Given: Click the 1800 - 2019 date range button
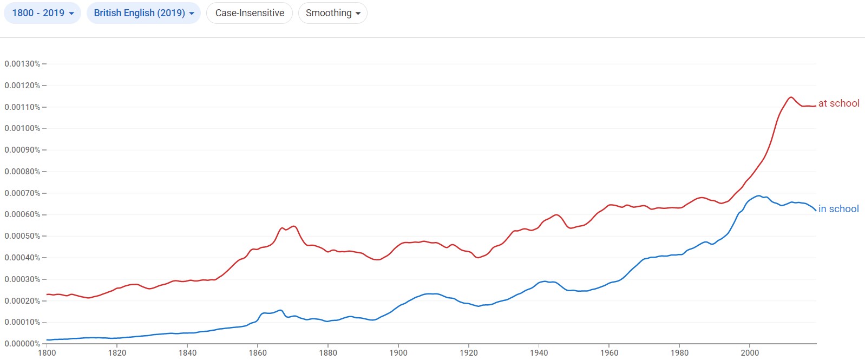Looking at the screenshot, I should pyautogui.click(x=42, y=13).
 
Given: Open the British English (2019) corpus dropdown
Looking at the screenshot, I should pyautogui.click(x=143, y=13).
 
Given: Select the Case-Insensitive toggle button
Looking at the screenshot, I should pyautogui.click(x=250, y=13).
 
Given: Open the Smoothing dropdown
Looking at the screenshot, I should pyautogui.click(x=332, y=13).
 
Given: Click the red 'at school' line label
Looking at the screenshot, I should pyautogui.click(x=838, y=103).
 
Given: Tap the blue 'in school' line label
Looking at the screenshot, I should pyautogui.click(x=838, y=209).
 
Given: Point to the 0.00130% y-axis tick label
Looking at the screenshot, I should pyautogui.click(x=23, y=64).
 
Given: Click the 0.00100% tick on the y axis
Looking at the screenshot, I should pyautogui.click(x=23, y=128).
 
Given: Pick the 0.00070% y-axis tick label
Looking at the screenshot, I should pyautogui.click(x=23, y=193).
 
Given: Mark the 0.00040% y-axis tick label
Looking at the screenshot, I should pyautogui.click(x=23, y=258).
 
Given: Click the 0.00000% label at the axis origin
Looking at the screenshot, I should pyautogui.click(x=23, y=344).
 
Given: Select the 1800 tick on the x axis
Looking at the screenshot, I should pyautogui.click(x=47, y=353).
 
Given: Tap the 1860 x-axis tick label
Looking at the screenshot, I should pyautogui.click(x=258, y=353).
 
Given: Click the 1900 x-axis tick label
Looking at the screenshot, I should pyautogui.click(x=398, y=353).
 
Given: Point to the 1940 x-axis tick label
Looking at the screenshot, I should pyautogui.click(x=539, y=353).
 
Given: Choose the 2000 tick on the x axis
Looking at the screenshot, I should pyautogui.click(x=750, y=353).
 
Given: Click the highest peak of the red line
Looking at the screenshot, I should pyautogui.click(x=791, y=97).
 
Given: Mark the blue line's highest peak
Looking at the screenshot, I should pyautogui.click(x=759, y=196).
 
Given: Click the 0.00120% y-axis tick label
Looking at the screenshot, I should pyautogui.click(x=23, y=86).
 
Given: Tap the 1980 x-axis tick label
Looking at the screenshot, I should pyautogui.click(x=679, y=353).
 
